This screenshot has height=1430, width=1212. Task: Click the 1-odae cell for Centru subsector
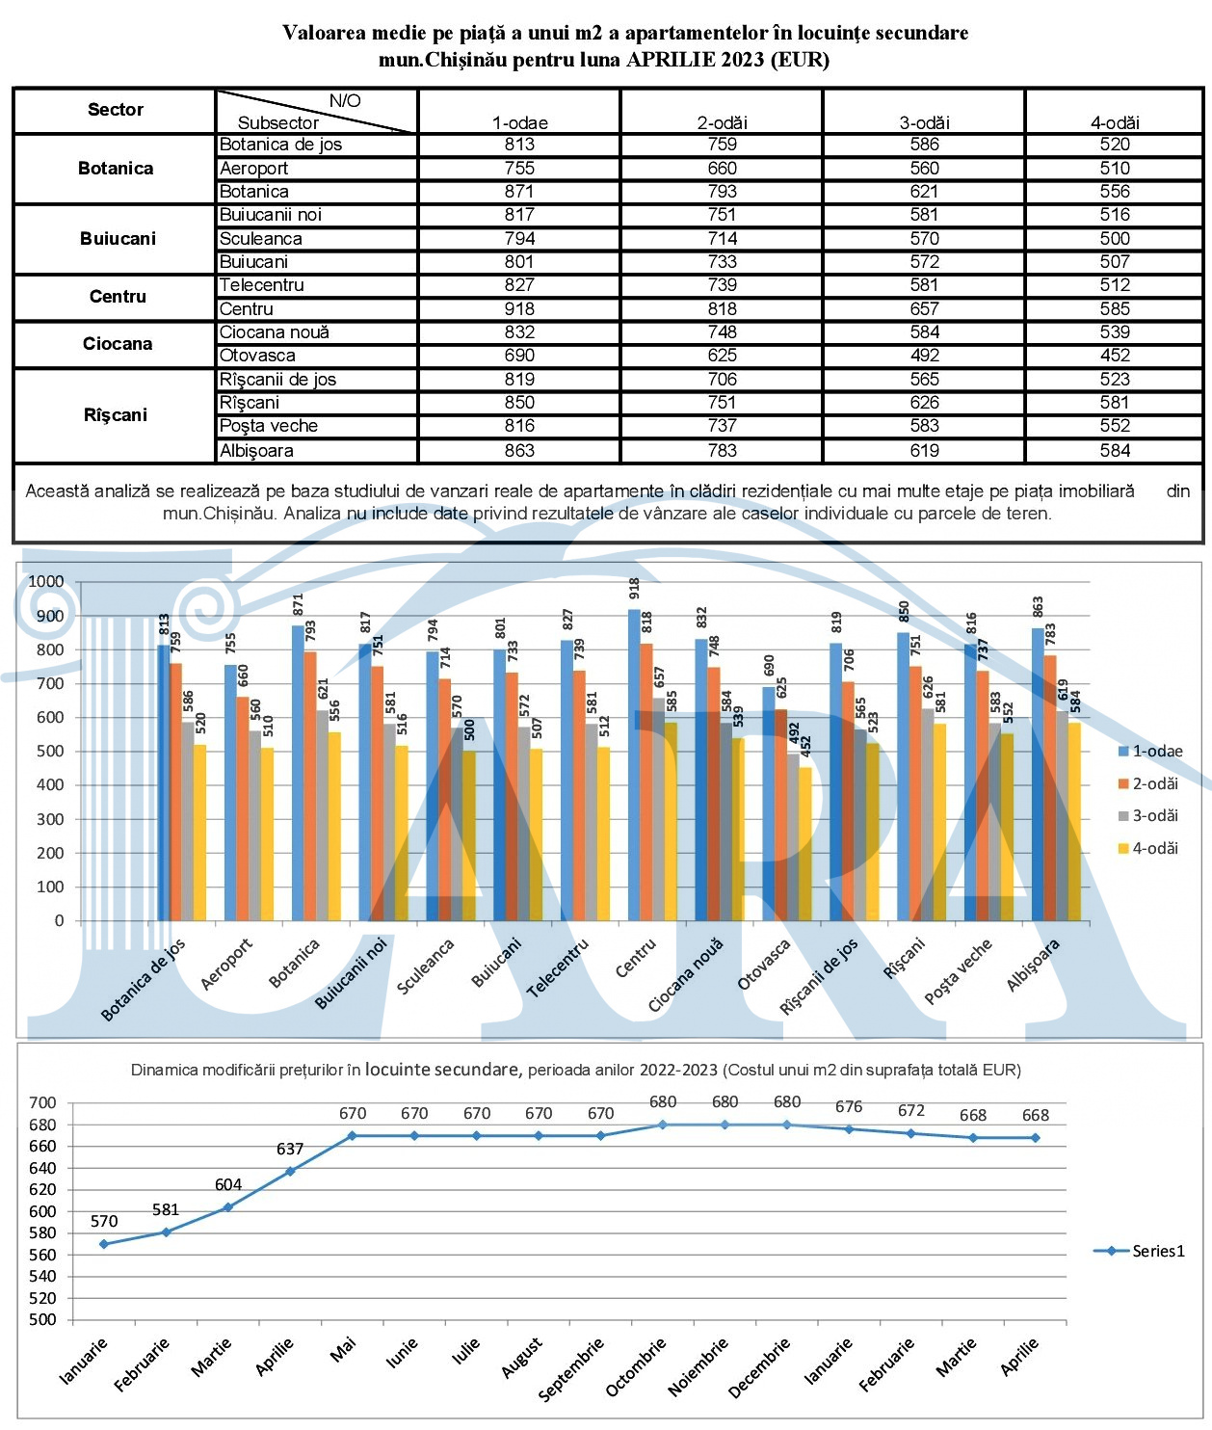519,308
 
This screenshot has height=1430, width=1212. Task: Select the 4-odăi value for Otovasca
1115,356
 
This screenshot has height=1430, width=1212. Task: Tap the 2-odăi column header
722,122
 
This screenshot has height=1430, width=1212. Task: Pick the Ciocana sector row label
117,344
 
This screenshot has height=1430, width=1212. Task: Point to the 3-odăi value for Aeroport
924,168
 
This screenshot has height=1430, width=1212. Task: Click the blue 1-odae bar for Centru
634,764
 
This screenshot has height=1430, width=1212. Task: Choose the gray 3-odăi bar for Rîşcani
926,814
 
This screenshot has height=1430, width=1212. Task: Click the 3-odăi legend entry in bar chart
1148,815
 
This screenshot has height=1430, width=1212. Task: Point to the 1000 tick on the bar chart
45,581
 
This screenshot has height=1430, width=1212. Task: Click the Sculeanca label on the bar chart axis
426,966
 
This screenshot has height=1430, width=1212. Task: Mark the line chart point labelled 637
291,1171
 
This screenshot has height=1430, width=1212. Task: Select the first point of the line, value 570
104,1244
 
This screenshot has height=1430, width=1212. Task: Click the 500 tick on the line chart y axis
42,1319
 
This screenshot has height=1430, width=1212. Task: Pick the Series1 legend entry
1140,1251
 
